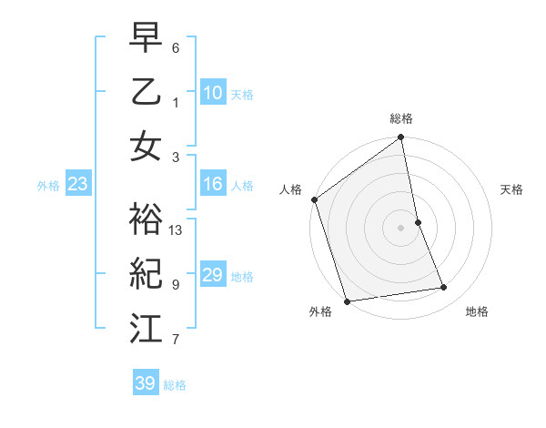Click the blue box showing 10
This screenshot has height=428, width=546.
[x=213, y=93]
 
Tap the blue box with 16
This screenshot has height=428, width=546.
[x=213, y=185]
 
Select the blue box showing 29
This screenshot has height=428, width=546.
[x=213, y=275]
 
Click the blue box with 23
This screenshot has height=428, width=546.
[x=78, y=185]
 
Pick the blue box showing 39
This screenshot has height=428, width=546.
[x=145, y=383]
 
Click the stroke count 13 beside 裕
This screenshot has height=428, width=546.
[x=177, y=230]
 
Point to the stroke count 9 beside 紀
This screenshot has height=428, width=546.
[x=175, y=285]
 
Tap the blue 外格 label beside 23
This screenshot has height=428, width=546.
[x=48, y=186]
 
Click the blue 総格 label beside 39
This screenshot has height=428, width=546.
[x=175, y=385]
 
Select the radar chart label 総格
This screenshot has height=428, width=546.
[x=401, y=118]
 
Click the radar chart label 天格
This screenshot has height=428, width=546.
[x=512, y=189]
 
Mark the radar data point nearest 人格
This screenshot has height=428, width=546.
[x=315, y=199]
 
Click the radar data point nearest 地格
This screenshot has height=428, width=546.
[x=444, y=288]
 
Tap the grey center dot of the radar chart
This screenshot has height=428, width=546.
[x=401, y=227]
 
